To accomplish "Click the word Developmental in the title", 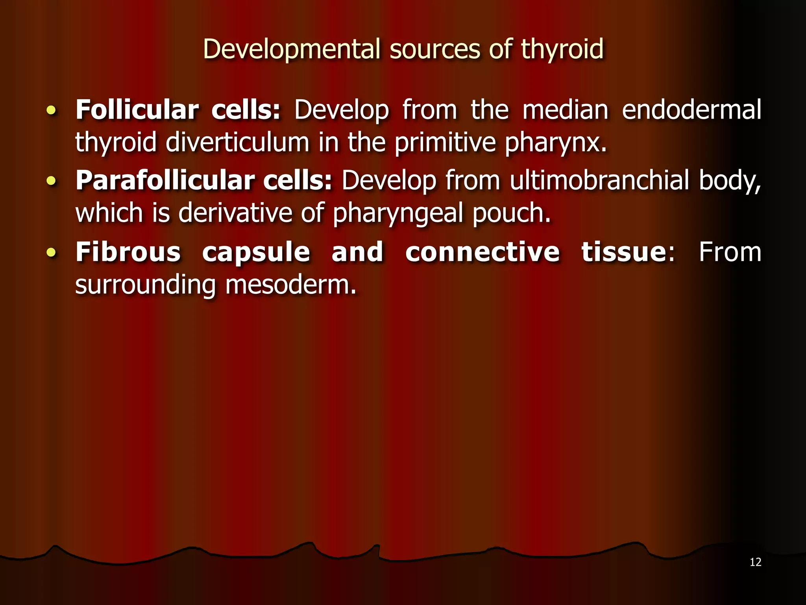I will point(292,50).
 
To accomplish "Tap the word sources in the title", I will point(434,50).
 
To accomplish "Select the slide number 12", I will point(755,562).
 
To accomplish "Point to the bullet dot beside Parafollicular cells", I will point(51,181).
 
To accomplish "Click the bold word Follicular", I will point(137,109).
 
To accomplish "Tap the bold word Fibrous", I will point(128,252).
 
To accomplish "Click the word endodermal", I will point(691,109).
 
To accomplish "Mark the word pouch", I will point(511,213).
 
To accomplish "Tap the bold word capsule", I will point(256,253).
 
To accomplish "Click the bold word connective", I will point(482,252).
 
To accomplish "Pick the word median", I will point(565,109).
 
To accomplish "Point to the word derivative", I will point(235,213).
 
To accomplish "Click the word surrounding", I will point(145,285).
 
